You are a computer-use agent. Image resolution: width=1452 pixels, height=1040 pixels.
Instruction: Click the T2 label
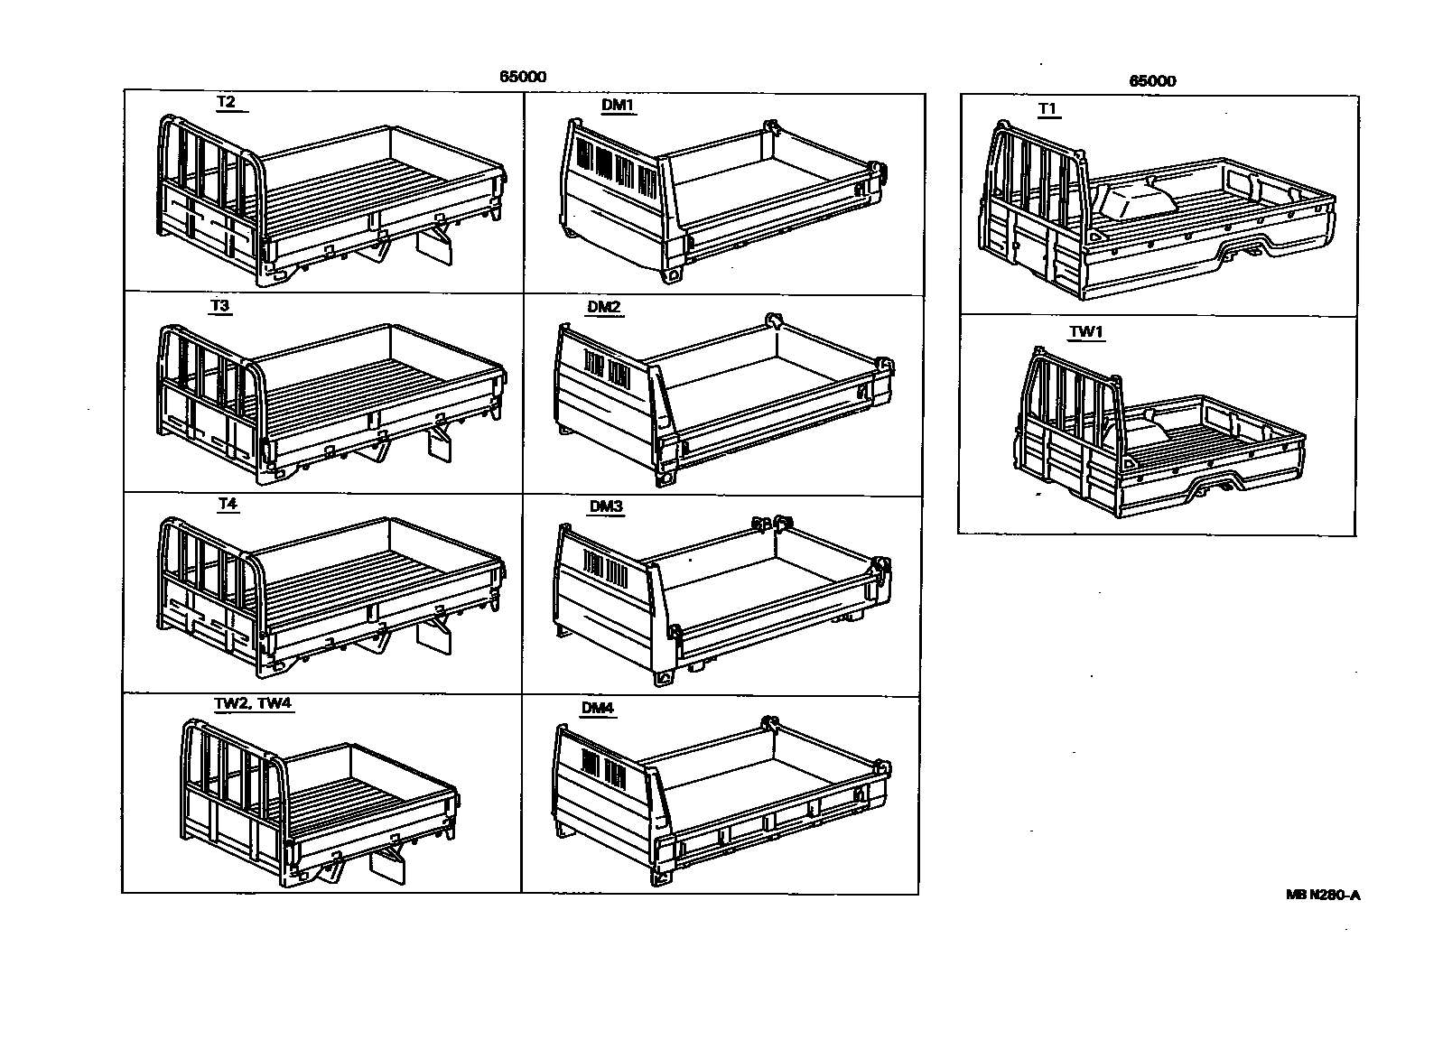pyautogui.click(x=226, y=102)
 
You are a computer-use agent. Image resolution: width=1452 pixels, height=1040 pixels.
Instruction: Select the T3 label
pyautogui.click(x=219, y=305)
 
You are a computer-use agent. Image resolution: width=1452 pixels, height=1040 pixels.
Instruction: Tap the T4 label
pyautogui.click(x=227, y=504)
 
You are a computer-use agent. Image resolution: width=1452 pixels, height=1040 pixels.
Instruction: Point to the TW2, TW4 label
pyautogui.click(x=248, y=703)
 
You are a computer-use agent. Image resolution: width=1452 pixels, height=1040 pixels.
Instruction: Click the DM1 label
pyautogui.click(x=619, y=105)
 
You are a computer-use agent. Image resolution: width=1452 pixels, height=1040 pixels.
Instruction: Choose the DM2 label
pyautogui.click(x=604, y=307)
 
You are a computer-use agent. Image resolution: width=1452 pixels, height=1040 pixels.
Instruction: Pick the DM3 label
pyautogui.click(x=606, y=506)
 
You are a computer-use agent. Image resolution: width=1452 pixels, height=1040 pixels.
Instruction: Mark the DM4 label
pyautogui.click(x=598, y=708)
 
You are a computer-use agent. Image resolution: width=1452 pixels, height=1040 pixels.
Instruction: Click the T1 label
pyautogui.click(x=1047, y=108)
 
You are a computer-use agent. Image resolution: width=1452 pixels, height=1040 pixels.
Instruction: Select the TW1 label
pyautogui.click(x=1086, y=331)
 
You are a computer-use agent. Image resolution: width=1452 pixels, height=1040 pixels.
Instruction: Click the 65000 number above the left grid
pyautogui.click(x=523, y=77)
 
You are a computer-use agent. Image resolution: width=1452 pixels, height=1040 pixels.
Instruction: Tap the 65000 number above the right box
pyautogui.click(x=1152, y=80)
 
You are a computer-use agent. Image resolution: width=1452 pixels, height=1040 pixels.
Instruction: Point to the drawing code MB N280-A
pyautogui.click(x=1323, y=895)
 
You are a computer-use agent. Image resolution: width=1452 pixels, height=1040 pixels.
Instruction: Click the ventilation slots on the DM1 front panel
pyautogui.click(x=614, y=169)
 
